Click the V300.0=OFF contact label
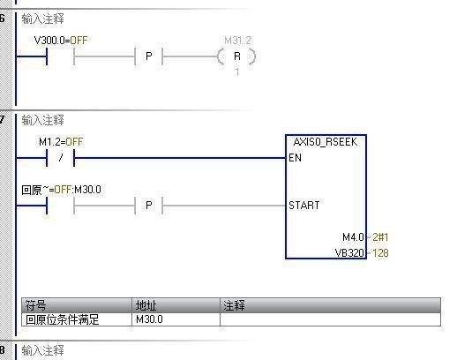[x=61, y=40]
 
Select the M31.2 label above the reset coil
[x=237, y=41]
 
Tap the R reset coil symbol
[x=236, y=56]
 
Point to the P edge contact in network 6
[x=149, y=56]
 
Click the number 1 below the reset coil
[x=237, y=72]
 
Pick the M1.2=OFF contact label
[x=61, y=142]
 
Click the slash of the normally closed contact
[x=61, y=158]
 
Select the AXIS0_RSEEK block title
[x=326, y=142]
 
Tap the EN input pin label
[x=295, y=158]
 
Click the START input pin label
[x=304, y=206]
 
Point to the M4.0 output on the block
[x=353, y=237]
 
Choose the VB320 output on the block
[x=349, y=253]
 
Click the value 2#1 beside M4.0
[x=380, y=237]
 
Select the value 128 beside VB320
[x=380, y=253]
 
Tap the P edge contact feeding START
[x=149, y=206]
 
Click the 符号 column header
[x=35, y=305]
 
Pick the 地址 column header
[x=146, y=305]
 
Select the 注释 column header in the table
[x=234, y=305]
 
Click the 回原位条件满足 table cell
[x=63, y=319]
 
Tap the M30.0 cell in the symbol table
[x=149, y=319]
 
